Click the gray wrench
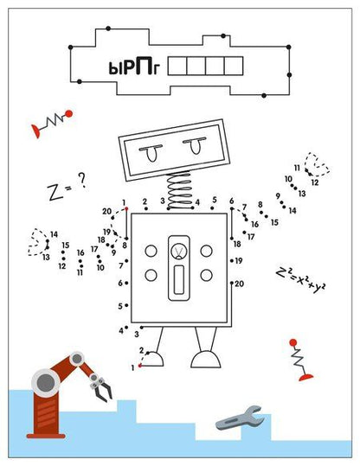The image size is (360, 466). point(240,418)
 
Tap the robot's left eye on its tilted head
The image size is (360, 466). point(151,153)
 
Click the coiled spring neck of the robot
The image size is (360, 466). point(179,190)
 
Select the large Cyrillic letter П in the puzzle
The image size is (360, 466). point(140,67)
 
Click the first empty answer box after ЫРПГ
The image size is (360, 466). point(177,66)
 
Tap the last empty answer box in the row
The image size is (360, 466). point(234,66)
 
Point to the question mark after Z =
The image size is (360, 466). point(82,180)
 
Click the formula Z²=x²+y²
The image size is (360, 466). point(300,279)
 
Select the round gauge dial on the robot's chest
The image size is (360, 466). point(179,251)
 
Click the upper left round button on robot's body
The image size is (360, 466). point(151,251)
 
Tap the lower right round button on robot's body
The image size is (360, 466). point(206,275)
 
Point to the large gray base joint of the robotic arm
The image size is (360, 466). point(46,381)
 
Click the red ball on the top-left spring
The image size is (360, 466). point(68,113)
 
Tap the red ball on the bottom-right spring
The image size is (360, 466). point(293,342)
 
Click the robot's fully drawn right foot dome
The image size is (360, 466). point(206,359)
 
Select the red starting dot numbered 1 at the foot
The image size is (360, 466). point(140,366)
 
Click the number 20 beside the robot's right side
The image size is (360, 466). point(239,284)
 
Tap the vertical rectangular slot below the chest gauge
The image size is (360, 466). point(179,279)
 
